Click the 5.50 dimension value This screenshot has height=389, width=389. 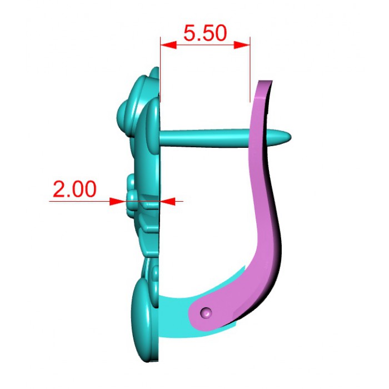click(x=205, y=33)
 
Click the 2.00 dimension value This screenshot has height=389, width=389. click(x=74, y=189)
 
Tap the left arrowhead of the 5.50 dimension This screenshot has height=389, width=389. click(x=168, y=45)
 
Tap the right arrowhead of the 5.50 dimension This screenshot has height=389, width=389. click(x=242, y=45)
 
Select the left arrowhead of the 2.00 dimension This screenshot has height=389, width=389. click(x=117, y=201)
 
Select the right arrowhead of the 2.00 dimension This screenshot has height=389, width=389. click(x=167, y=201)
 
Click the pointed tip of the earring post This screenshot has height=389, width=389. click(x=290, y=137)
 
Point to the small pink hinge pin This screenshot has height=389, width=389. click(x=206, y=312)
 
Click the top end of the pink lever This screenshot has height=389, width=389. click(x=266, y=81)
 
